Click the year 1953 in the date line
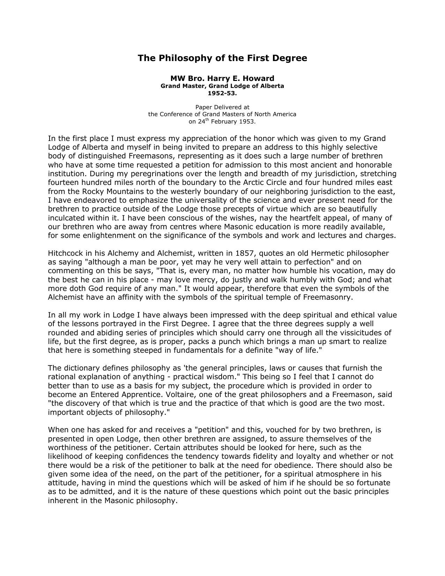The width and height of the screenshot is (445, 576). click(247, 122)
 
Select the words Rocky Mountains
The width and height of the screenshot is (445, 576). click(113, 192)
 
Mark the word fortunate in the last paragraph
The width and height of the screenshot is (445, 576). click(373, 483)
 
